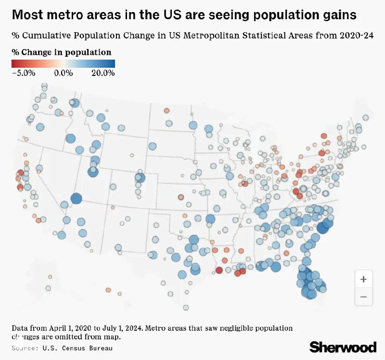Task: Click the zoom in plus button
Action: (x=363, y=279)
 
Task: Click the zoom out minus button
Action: (x=363, y=297)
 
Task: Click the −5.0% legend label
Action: (x=24, y=73)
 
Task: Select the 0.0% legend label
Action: (x=63, y=73)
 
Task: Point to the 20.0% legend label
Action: (x=103, y=73)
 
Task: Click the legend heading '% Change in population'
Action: (x=61, y=52)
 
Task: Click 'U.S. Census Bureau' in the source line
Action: (x=77, y=348)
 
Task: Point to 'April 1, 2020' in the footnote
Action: (x=67, y=328)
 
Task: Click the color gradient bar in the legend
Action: (x=63, y=63)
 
